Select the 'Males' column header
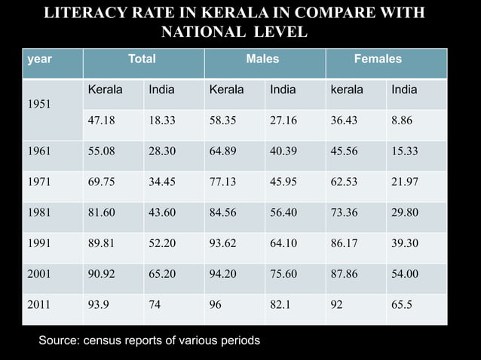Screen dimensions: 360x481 [x=263, y=59]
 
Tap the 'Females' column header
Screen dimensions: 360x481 [x=378, y=59]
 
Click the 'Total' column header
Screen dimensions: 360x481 [x=142, y=59]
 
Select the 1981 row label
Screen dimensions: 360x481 [x=39, y=213]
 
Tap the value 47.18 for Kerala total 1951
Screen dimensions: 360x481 [x=102, y=119]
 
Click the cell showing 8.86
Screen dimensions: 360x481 [x=401, y=119]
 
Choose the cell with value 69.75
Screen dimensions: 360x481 [x=102, y=182]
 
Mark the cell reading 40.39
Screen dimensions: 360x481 [x=283, y=151]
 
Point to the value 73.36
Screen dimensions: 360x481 [x=344, y=213]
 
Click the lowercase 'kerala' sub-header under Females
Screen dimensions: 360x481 [x=346, y=90]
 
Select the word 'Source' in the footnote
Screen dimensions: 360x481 [x=58, y=340]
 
